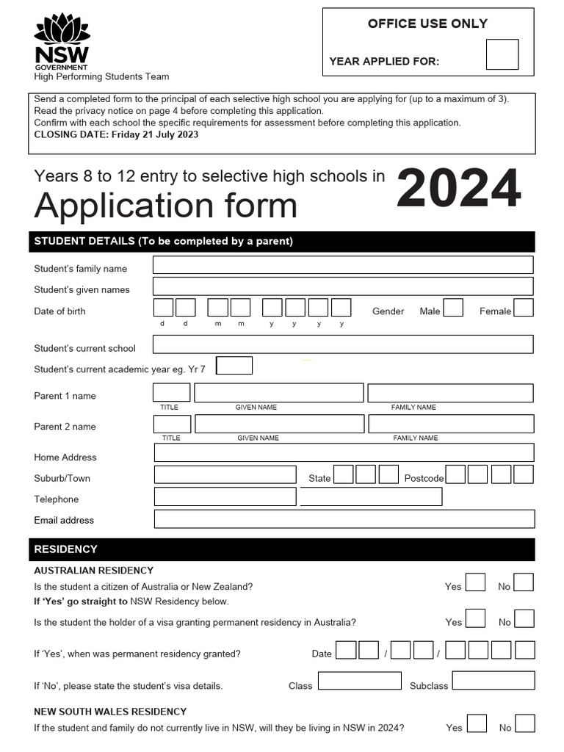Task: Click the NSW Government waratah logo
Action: pos(62,41)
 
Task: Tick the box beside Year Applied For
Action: pos(502,54)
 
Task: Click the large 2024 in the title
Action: pos(459,189)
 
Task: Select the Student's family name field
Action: pos(343,265)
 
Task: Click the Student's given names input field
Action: pos(343,286)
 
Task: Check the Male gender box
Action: pos(453,308)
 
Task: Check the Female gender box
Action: pos(524,308)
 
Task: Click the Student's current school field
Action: pos(343,344)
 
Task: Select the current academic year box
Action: pos(234,366)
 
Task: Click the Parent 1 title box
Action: pos(172,393)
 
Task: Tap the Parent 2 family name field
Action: pos(451,424)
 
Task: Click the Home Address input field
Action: pos(344,452)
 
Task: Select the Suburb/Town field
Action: pos(225,474)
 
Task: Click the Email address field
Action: pos(344,518)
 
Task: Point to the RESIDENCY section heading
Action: pos(66,549)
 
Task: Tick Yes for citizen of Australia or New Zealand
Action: pos(476,582)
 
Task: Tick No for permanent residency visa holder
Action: pos(524,618)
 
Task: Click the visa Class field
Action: pos(359,681)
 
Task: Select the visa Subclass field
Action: pos(493,681)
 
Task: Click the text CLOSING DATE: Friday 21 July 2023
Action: pos(116,134)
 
